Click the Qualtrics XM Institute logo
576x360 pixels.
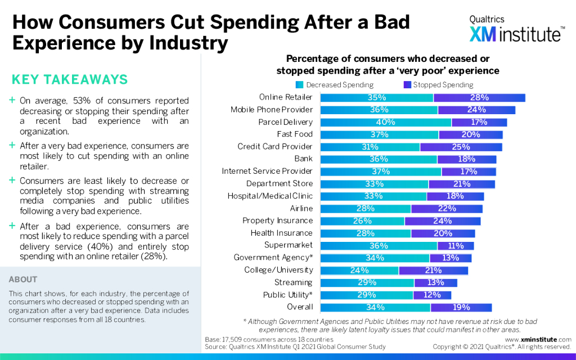point(515,29)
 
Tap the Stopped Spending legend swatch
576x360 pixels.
point(408,85)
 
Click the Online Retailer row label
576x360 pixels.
point(286,97)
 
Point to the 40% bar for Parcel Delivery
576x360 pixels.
point(386,122)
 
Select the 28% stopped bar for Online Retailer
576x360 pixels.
point(479,97)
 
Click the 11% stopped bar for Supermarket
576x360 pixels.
point(456,246)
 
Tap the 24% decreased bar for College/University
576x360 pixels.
point(359,270)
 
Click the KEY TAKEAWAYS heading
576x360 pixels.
point(70,79)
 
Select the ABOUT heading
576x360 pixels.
point(23,280)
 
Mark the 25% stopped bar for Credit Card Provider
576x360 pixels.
point(461,147)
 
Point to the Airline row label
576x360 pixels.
point(301,208)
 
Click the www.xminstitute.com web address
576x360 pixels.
point(538,340)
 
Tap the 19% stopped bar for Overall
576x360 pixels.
point(461,307)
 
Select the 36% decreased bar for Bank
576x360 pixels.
point(379,159)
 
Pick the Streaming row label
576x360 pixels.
point(293,282)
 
